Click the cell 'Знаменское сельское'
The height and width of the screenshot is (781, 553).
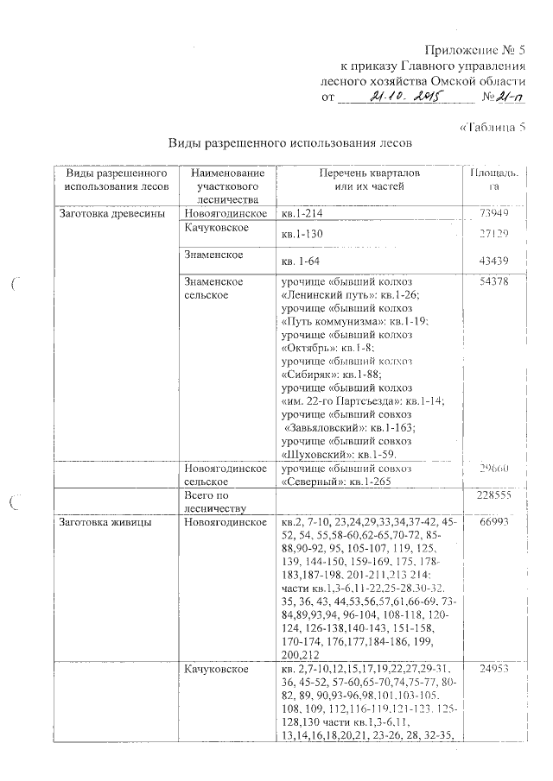point(214,288)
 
